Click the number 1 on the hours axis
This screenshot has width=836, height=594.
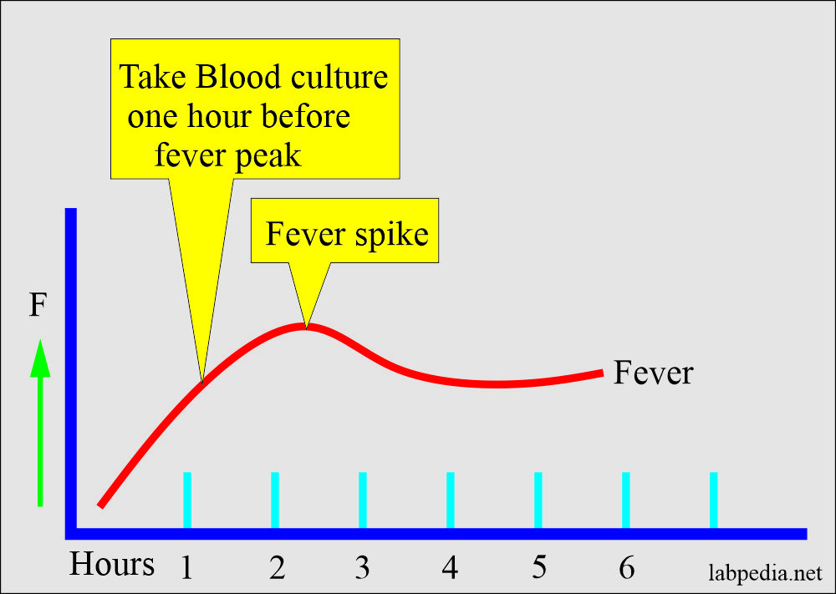pos(186,568)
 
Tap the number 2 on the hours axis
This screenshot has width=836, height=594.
pos(277,568)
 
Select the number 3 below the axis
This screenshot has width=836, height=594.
pos(363,568)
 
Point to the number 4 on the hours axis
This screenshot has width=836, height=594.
pos(450,568)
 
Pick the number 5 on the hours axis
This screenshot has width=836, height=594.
pos(539,568)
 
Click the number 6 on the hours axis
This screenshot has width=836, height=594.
pos(627,568)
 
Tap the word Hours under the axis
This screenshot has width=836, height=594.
pos(112,564)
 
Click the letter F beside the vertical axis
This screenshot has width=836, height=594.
pos(38,306)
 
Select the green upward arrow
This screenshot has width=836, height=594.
pos(40,422)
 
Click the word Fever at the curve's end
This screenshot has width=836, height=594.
pos(653,373)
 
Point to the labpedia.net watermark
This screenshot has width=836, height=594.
pos(765,573)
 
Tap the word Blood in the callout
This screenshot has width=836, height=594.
pos(237,77)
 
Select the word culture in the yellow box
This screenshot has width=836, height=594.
pos(339,77)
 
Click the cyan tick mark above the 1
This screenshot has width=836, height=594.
pos(187,500)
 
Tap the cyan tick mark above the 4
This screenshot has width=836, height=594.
pos(451,500)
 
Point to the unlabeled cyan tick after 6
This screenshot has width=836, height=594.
pos(713,500)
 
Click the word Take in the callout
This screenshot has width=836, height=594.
pos(152,77)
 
